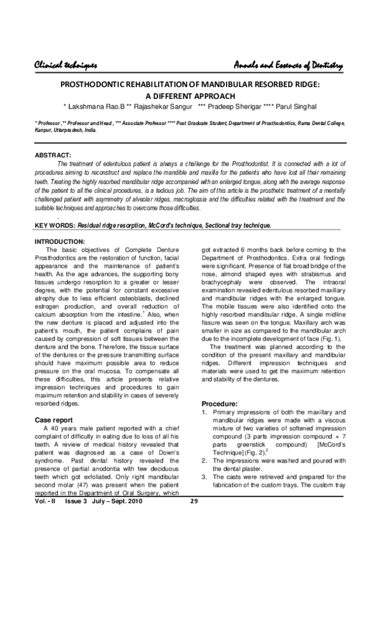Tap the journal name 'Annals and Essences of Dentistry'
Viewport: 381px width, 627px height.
[288, 66]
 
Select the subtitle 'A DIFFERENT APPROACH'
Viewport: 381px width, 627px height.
[190, 95]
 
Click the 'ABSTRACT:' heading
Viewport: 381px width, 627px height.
[53, 155]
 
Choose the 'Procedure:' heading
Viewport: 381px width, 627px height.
[219, 404]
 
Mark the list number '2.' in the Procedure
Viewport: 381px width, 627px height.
[204, 443]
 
